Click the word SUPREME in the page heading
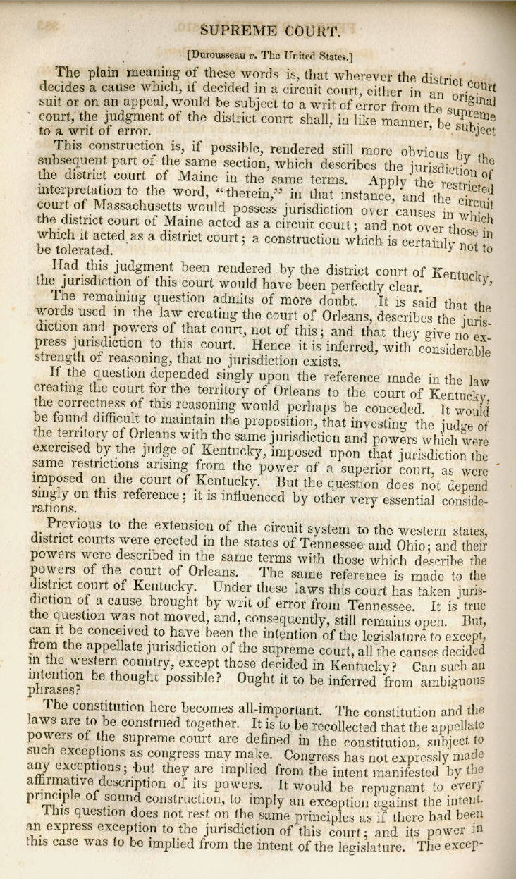tap(244, 30)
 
